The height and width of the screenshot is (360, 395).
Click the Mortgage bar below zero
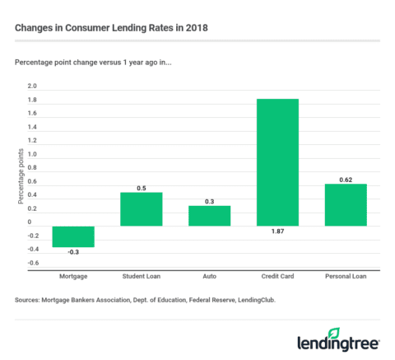(73, 236)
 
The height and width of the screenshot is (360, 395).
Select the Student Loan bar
(142, 209)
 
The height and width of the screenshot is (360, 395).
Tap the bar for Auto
(209, 216)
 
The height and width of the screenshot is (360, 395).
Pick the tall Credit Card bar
(277, 162)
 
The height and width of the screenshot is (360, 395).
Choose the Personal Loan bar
(346, 204)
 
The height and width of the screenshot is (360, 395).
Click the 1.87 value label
(277, 233)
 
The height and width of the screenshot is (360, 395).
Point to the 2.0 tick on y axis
(32, 86)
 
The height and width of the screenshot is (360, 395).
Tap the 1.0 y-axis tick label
(32, 154)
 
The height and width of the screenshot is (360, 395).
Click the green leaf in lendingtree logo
(333, 333)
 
